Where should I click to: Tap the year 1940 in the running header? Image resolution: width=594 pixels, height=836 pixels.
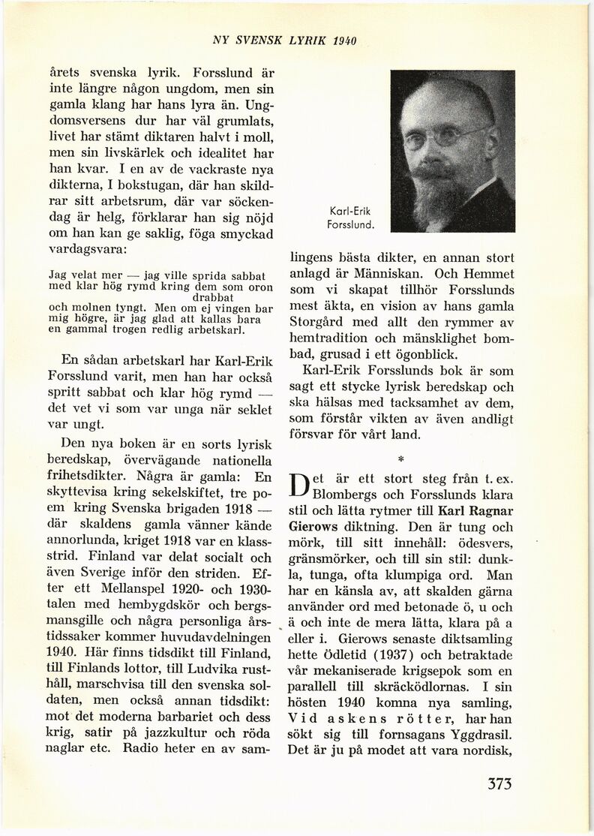click(340, 40)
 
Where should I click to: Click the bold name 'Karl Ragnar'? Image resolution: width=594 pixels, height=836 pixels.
click(477, 511)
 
